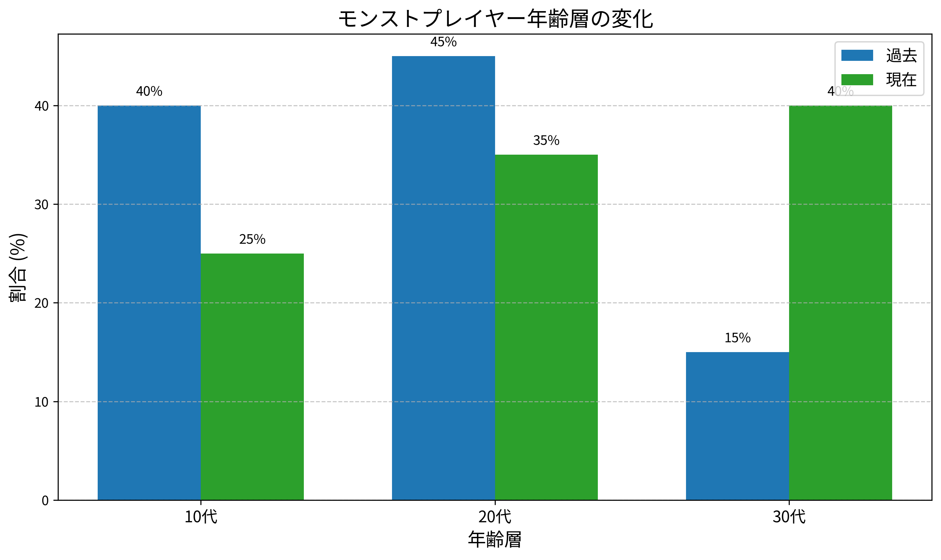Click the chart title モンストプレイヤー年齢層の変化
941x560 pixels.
tap(495, 19)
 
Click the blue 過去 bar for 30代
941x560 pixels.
tap(737, 426)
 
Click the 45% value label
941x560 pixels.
tap(443, 42)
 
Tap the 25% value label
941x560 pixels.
tap(252, 239)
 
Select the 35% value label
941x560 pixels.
tap(546, 140)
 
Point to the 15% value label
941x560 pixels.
tap(737, 338)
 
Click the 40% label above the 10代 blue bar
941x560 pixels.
tap(149, 91)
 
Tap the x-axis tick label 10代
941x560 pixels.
tap(200, 517)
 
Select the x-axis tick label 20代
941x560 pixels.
tap(495, 517)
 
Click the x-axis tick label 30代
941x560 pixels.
tap(789, 517)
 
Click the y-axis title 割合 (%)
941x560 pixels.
tap(18, 267)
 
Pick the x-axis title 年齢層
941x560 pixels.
tap(495, 540)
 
